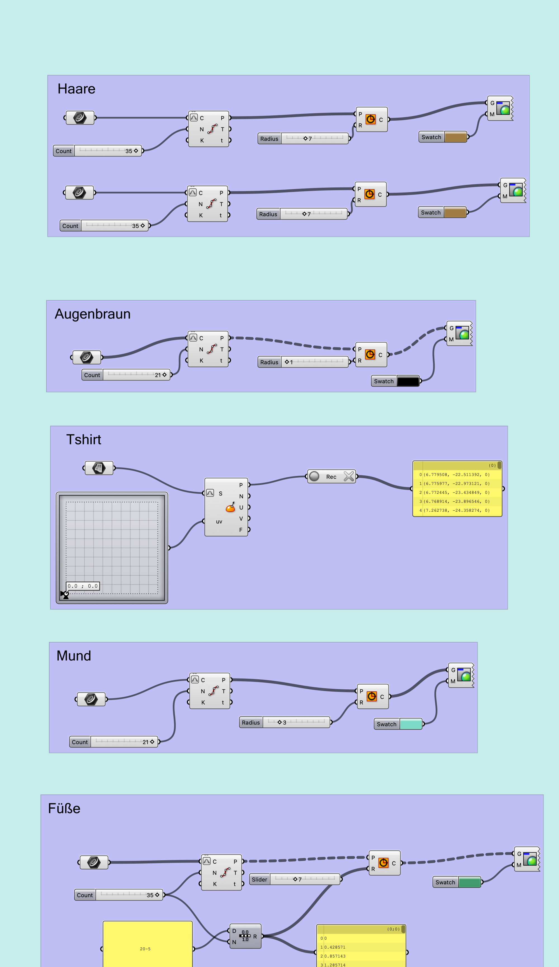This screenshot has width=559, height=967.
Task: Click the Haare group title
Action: pos(76,89)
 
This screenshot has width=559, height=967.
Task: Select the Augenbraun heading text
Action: pos(93,314)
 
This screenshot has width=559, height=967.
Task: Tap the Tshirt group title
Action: pos(83,440)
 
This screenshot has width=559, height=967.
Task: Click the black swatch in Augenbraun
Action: pos(408,381)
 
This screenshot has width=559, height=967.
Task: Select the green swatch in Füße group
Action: pos(469,882)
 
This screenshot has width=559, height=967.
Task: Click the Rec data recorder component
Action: pos(331,477)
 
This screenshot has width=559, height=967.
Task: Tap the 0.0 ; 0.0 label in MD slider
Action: pos(82,586)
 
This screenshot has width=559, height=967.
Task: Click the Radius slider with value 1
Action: pos(303,362)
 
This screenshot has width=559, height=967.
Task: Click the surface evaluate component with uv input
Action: pos(226,507)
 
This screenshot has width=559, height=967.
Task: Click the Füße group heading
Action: pos(64,809)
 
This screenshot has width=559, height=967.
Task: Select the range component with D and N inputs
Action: pos(245,936)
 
